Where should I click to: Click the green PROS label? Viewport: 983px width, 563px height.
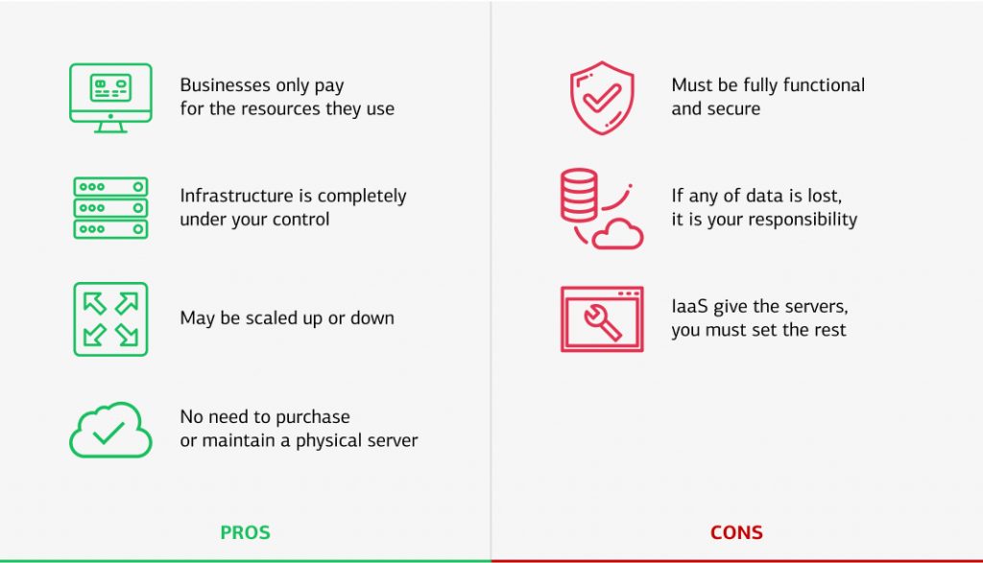[245, 532]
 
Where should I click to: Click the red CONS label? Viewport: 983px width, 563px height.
[736, 532]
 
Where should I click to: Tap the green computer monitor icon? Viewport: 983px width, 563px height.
[110, 98]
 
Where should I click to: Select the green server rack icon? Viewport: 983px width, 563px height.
[110, 208]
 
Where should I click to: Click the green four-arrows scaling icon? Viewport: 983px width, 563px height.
[110, 319]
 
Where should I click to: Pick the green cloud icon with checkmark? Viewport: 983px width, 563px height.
[110, 431]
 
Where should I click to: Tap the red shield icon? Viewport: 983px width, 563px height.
[602, 98]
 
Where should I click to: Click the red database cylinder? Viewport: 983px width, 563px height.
[579, 196]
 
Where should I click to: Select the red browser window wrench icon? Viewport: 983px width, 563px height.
[602, 319]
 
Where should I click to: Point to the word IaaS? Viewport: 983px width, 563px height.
[689, 306]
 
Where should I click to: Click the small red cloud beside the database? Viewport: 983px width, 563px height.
[618, 234]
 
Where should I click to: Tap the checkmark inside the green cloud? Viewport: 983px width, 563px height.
[108, 433]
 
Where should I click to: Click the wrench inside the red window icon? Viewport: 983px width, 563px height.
[602, 322]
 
